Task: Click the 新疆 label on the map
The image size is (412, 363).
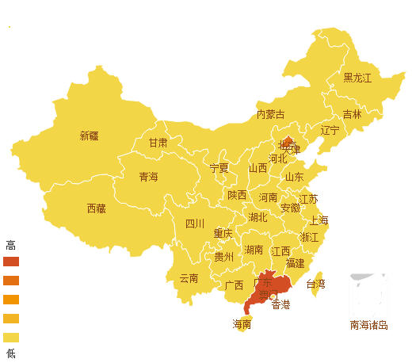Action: click(90, 136)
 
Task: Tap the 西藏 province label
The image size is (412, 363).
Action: click(96, 208)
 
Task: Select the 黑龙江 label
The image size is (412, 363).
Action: click(357, 78)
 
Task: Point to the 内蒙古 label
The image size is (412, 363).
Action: click(270, 114)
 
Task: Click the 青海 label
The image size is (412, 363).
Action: click(148, 176)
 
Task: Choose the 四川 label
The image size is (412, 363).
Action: click(195, 224)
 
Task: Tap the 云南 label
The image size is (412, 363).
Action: click(189, 278)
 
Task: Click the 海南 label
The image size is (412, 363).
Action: click(242, 323)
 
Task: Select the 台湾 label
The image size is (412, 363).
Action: click(315, 283)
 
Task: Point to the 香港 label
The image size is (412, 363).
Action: click(280, 304)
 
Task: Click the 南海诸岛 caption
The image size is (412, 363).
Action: click(368, 324)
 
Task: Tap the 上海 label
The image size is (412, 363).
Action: click(319, 220)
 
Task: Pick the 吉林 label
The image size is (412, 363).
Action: click(352, 114)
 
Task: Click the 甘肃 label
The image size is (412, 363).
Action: click(158, 143)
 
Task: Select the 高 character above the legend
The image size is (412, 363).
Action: click(10, 244)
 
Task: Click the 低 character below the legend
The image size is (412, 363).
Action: click(10, 353)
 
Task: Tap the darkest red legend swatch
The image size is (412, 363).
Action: click(10, 261)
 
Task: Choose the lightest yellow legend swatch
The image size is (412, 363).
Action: click(10, 337)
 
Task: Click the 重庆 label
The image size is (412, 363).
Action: click(223, 233)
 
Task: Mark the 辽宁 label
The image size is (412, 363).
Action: click(330, 130)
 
